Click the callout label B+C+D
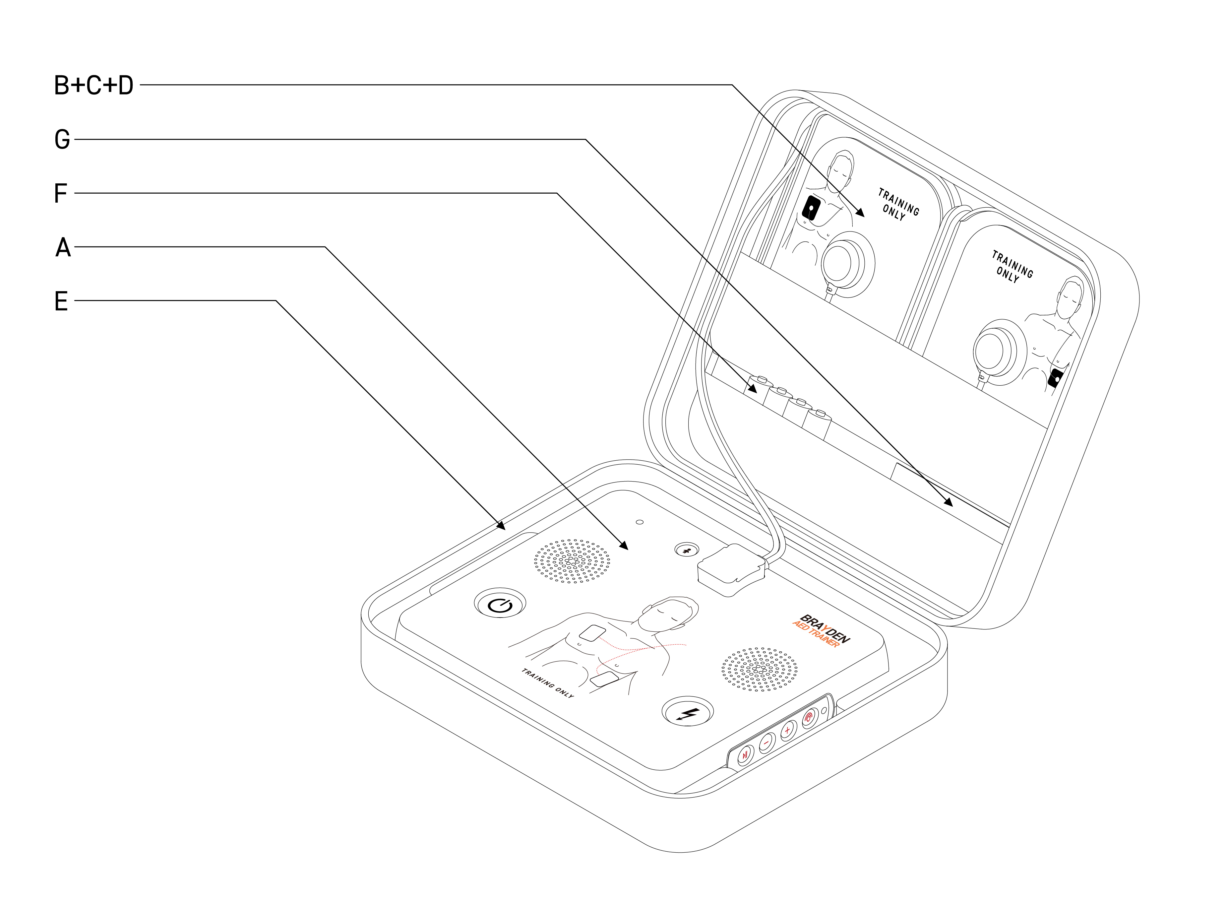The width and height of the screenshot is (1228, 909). pyautogui.click(x=93, y=85)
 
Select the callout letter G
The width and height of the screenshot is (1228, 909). pyautogui.click(x=62, y=139)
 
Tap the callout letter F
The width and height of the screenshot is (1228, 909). pyautogui.click(x=60, y=193)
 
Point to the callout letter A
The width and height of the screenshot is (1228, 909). pyautogui.click(x=63, y=247)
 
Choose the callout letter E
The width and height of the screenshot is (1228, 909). pyautogui.click(x=61, y=301)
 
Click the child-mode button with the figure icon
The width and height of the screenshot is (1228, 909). pyautogui.click(x=687, y=549)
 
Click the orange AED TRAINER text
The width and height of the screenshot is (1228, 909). pyautogui.click(x=816, y=634)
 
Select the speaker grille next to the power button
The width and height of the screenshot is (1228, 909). pyautogui.click(x=572, y=561)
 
